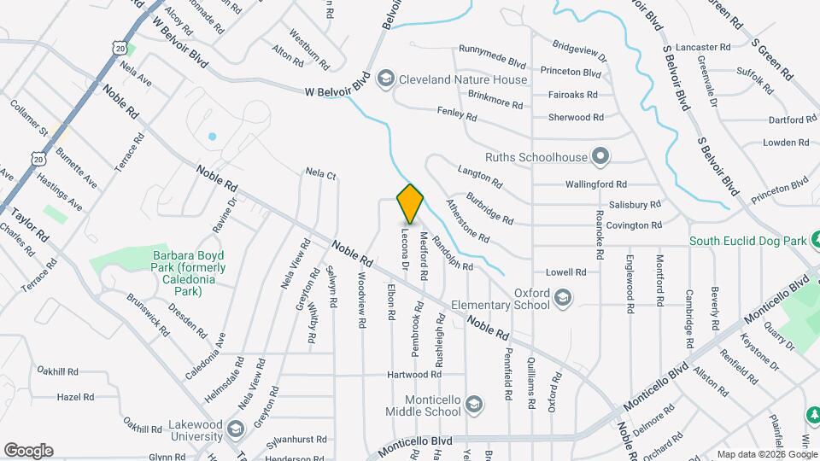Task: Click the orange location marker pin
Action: click(411, 203)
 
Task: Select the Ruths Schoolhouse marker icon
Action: click(600, 155)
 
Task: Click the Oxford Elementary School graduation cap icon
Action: click(562, 298)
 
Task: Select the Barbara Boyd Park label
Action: click(189, 273)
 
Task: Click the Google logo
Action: click(28, 451)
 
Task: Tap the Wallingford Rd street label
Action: click(596, 184)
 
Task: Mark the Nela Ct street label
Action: click(321, 174)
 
